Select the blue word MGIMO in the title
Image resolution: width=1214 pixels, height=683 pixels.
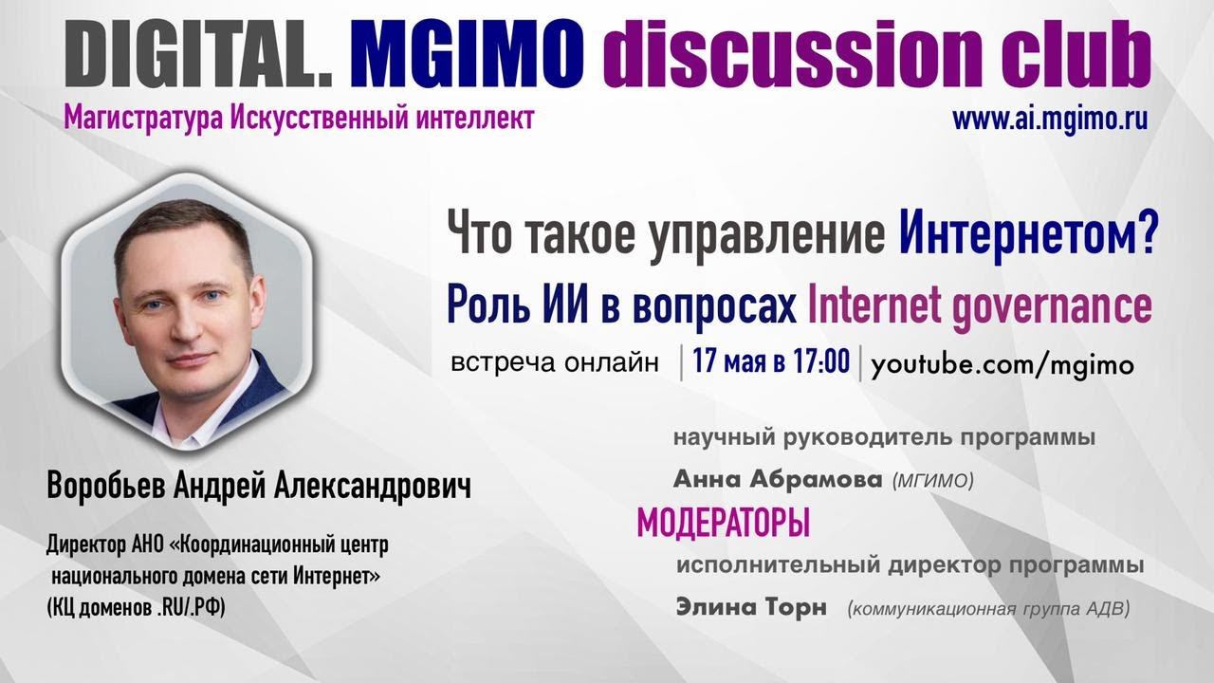click(467, 55)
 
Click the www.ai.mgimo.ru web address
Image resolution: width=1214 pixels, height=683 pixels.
click(1050, 120)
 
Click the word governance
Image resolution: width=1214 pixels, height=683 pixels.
click(1046, 306)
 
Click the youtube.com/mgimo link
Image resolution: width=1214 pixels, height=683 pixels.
click(1002, 365)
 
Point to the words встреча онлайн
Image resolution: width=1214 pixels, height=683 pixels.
click(555, 364)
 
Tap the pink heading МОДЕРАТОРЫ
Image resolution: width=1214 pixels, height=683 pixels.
click(723, 522)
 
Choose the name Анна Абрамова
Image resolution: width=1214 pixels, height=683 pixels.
click(777, 480)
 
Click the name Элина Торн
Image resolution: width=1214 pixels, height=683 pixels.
click(751, 608)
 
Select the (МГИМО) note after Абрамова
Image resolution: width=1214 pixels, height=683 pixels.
click(933, 482)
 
